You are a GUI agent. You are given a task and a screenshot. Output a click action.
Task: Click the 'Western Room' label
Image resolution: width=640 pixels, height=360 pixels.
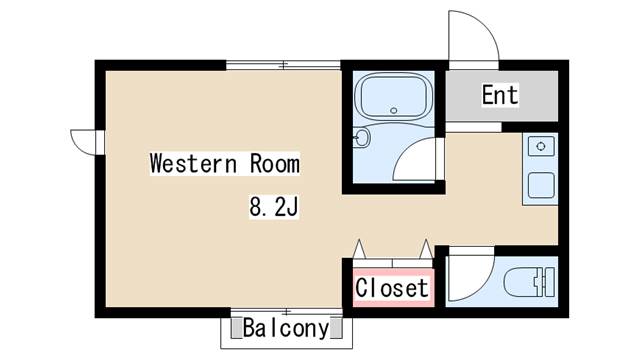point(224,164)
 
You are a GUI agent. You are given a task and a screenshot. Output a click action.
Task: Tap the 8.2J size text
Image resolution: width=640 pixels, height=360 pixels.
point(274,207)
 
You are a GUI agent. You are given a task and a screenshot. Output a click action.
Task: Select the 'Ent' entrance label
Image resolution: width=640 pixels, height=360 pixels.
point(500,95)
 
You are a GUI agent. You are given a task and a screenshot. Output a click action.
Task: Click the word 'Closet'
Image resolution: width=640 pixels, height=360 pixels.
point(392,288)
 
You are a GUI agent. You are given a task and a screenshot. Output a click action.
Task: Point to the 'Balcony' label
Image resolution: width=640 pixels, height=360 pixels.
point(286,328)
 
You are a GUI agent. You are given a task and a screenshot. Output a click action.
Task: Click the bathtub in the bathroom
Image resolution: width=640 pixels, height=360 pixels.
point(393,96)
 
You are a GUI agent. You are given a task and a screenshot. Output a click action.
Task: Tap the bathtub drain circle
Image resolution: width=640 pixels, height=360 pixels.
point(393,111)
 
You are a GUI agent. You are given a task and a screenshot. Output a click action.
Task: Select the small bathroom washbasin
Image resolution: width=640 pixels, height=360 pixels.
point(361,138)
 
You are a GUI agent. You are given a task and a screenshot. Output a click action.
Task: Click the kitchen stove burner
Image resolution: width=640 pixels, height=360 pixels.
point(541,147)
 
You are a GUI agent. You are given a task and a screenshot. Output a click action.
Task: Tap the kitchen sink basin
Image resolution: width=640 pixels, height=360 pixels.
point(541,185)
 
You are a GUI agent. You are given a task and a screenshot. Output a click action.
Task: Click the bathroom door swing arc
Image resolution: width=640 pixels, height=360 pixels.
point(408,149)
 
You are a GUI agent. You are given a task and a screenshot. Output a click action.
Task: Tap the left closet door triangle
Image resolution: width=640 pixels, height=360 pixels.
point(359,249)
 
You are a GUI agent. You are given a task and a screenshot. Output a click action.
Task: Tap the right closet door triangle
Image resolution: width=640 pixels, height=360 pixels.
point(426,249)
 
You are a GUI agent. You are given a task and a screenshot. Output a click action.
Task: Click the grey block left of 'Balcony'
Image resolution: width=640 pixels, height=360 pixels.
point(236,329)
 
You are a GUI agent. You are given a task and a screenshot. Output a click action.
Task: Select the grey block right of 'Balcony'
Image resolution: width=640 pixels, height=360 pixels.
point(336,329)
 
